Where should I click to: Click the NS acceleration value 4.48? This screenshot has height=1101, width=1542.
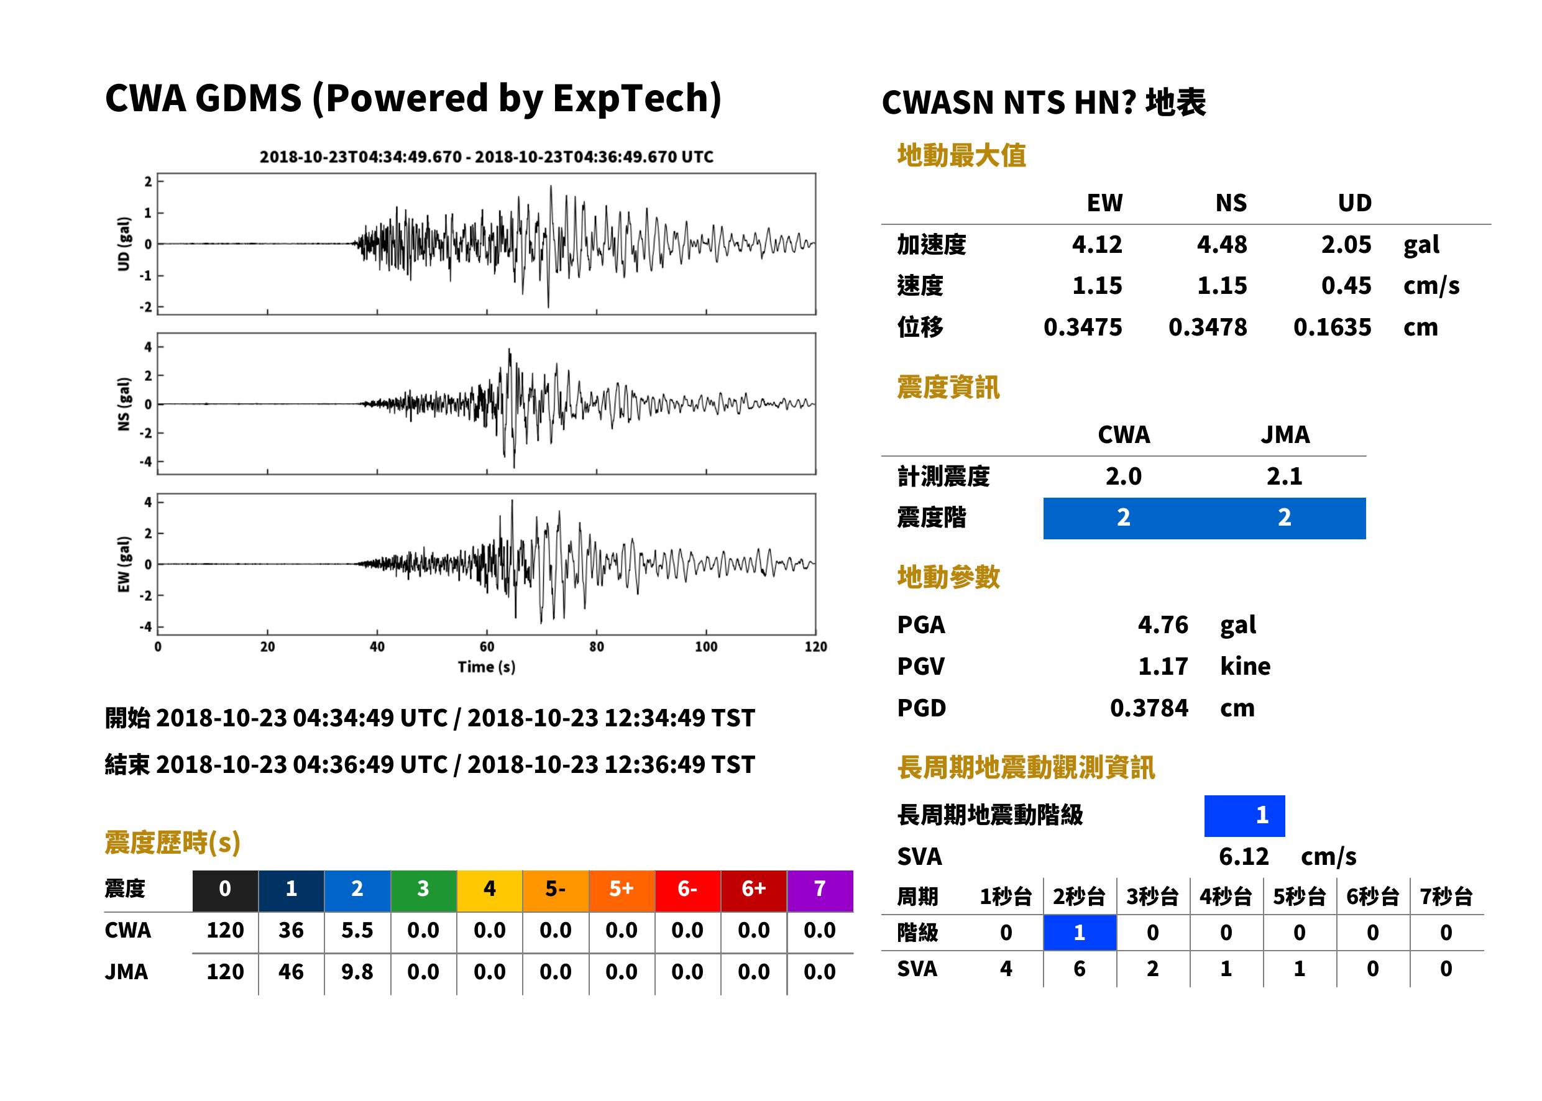(x=1221, y=244)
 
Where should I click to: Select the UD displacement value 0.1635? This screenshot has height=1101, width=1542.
(x=1332, y=327)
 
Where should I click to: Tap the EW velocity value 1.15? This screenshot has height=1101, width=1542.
(x=1096, y=285)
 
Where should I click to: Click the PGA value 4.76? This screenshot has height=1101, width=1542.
(x=1162, y=624)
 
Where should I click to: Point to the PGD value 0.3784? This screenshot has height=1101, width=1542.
(x=1149, y=708)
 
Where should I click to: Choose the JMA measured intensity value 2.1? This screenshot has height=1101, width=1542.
(x=1284, y=476)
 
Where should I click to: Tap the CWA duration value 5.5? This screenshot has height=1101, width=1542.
(x=357, y=930)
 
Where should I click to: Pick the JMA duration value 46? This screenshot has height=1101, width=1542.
(x=291, y=972)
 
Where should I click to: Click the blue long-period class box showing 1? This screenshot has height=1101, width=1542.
(x=1244, y=816)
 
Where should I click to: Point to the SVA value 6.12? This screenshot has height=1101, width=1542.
(x=1243, y=856)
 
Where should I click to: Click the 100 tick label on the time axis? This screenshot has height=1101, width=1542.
(x=706, y=647)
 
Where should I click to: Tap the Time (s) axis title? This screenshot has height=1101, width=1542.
(x=486, y=667)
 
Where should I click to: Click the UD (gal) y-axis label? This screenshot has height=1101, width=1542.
(x=124, y=244)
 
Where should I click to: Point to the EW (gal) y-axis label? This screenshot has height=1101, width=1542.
(x=124, y=564)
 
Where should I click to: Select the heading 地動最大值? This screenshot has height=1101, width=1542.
(x=961, y=155)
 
